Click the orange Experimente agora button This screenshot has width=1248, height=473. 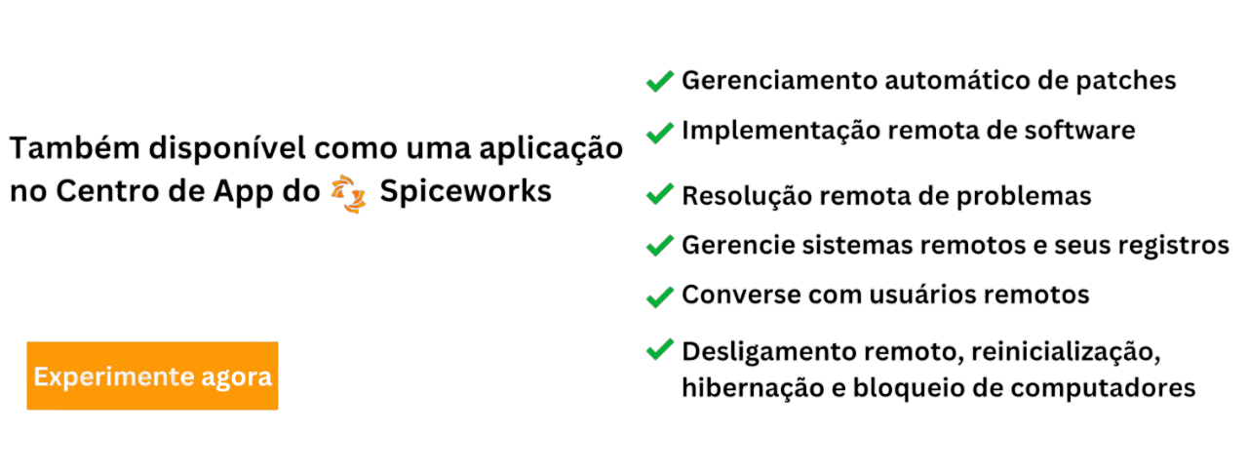[x=152, y=375]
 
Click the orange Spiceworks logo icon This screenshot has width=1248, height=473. [x=348, y=192]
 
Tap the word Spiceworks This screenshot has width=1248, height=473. [x=466, y=192]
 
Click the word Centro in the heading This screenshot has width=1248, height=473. [x=113, y=192]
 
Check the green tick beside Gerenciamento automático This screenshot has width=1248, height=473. [x=660, y=81]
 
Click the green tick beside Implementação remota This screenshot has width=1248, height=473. [x=660, y=132]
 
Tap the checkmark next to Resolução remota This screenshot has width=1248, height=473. [x=660, y=194]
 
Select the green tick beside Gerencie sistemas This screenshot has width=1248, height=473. [x=660, y=245]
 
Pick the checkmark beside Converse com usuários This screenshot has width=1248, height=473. [x=660, y=296]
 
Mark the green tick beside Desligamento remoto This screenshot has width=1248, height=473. [x=660, y=348]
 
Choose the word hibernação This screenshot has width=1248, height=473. [x=747, y=388]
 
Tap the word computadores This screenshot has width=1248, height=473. [x=1102, y=388]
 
